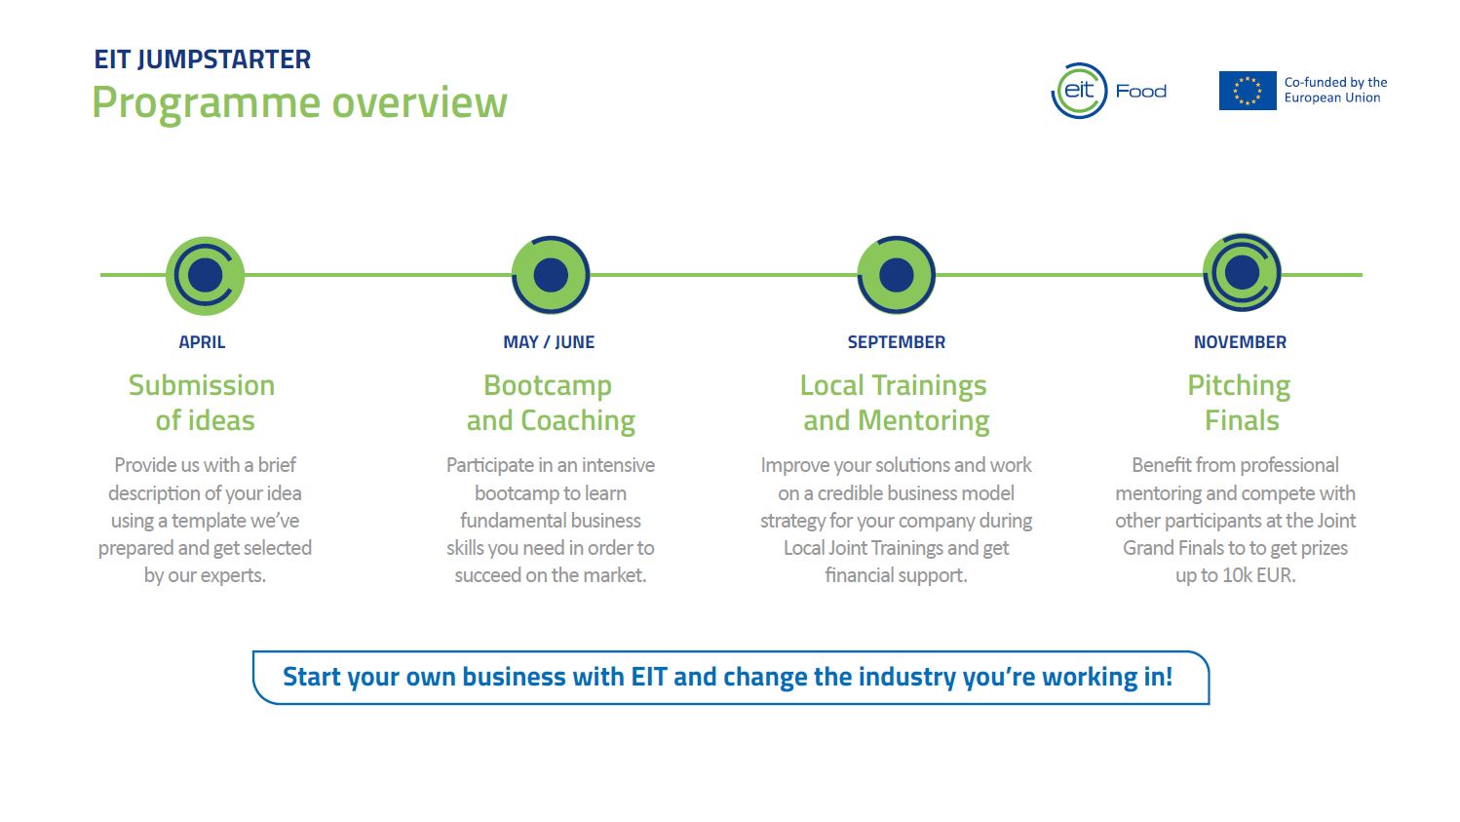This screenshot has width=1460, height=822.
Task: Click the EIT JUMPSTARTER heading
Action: click(202, 59)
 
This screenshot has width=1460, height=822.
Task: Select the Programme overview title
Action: click(299, 102)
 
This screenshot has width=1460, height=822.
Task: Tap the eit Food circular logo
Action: click(1080, 91)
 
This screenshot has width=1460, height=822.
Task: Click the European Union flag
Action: click(1247, 91)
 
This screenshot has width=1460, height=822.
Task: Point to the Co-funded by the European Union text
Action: click(1335, 90)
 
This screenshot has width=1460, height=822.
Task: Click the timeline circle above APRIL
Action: click(205, 275)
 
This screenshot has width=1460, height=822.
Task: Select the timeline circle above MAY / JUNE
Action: click(551, 275)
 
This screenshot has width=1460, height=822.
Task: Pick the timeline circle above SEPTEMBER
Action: click(896, 275)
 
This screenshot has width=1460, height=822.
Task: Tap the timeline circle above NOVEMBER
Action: click(1241, 273)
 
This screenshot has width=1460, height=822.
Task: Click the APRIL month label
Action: click(202, 342)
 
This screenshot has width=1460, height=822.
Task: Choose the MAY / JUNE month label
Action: click(549, 342)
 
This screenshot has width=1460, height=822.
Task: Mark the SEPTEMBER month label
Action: click(896, 342)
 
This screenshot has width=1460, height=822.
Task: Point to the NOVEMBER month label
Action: click(1240, 342)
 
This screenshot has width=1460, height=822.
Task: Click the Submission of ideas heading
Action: click(203, 403)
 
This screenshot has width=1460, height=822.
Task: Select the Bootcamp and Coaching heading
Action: click(550, 403)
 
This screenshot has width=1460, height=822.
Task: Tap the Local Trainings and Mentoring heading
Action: click(895, 403)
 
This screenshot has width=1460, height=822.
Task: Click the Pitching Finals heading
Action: click(1240, 403)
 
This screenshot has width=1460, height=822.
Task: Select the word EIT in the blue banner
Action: click(648, 677)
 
